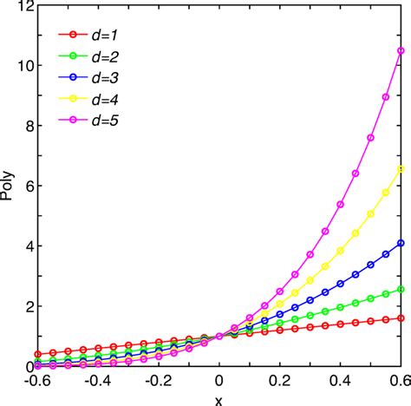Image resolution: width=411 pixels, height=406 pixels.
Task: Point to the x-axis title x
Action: point(219,398)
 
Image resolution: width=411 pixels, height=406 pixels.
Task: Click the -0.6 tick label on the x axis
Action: point(38,381)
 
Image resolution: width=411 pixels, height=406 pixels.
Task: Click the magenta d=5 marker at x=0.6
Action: point(401,50)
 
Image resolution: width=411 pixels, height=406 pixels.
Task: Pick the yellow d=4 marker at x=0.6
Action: point(401,169)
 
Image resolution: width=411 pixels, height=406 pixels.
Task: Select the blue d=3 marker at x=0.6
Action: point(401,243)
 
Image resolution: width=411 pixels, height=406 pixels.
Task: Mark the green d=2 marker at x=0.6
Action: point(401,290)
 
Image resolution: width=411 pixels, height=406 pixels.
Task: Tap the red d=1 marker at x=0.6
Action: point(401,318)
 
